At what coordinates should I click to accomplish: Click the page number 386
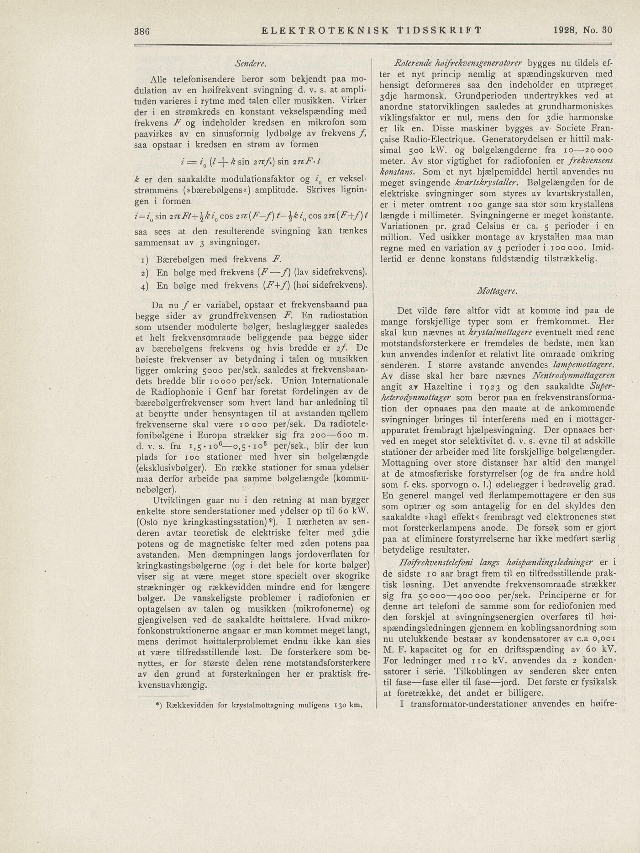(142, 31)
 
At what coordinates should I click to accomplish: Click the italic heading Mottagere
(495, 290)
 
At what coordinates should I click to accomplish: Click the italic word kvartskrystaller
(487, 183)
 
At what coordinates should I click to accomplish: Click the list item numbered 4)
(254, 285)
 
